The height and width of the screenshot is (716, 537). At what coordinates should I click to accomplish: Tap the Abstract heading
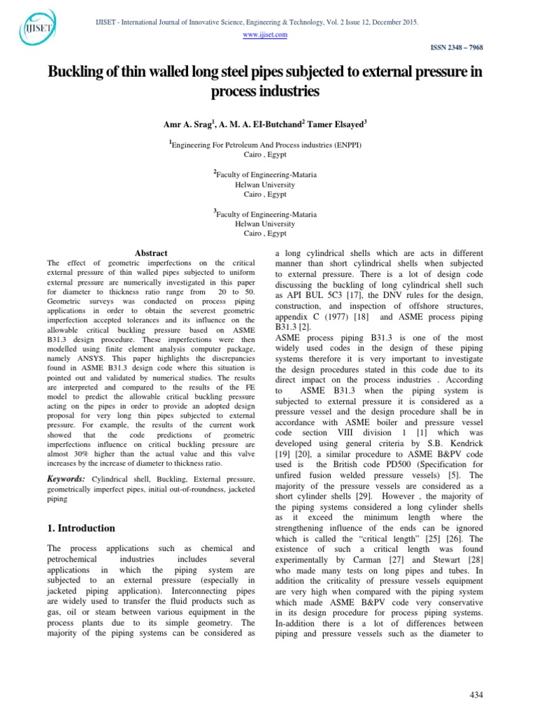(151, 252)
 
